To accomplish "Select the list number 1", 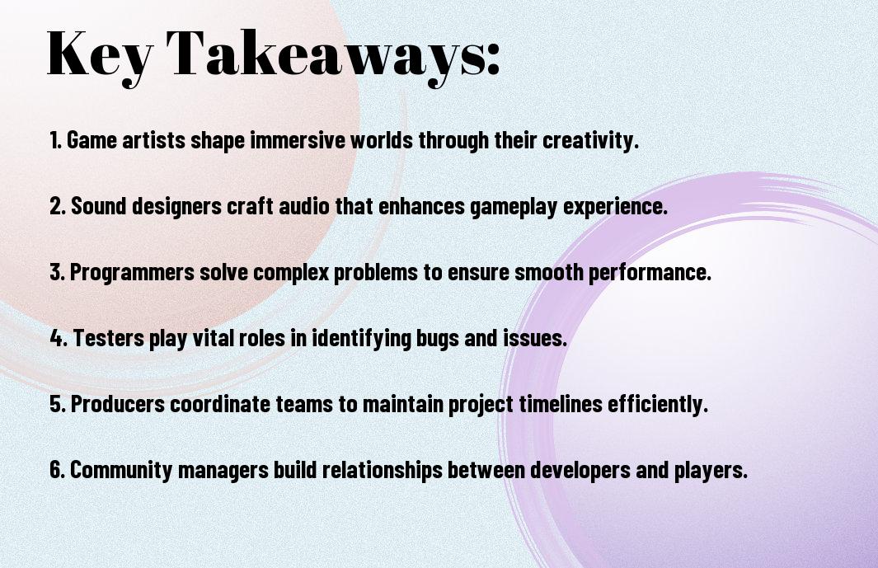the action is [x=55, y=140].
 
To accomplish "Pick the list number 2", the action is [x=58, y=206].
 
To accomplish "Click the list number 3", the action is [x=57, y=272].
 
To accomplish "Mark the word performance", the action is [x=650, y=273].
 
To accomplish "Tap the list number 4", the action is [x=59, y=338].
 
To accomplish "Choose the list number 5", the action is [x=58, y=404].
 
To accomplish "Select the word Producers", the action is [x=118, y=404].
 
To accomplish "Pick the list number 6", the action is [x=58, y=469].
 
